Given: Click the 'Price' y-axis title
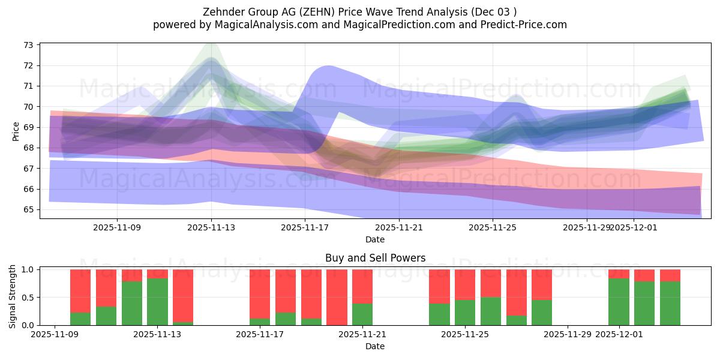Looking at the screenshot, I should [16, 130].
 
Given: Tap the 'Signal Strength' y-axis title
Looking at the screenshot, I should [13, 297].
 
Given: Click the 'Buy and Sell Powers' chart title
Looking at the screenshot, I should [375, 258].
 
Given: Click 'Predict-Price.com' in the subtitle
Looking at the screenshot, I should [526, 25].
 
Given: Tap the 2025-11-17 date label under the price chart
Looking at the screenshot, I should [305, 227].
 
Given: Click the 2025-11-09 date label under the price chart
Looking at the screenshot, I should [118, 227].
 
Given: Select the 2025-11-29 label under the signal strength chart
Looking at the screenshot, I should [568, 334].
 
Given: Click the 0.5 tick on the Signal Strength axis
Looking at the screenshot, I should [28, 298].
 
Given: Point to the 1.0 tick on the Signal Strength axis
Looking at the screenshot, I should [28, 269].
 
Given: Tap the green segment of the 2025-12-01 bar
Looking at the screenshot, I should [619, 302].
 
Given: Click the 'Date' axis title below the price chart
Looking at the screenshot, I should [375, 239].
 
